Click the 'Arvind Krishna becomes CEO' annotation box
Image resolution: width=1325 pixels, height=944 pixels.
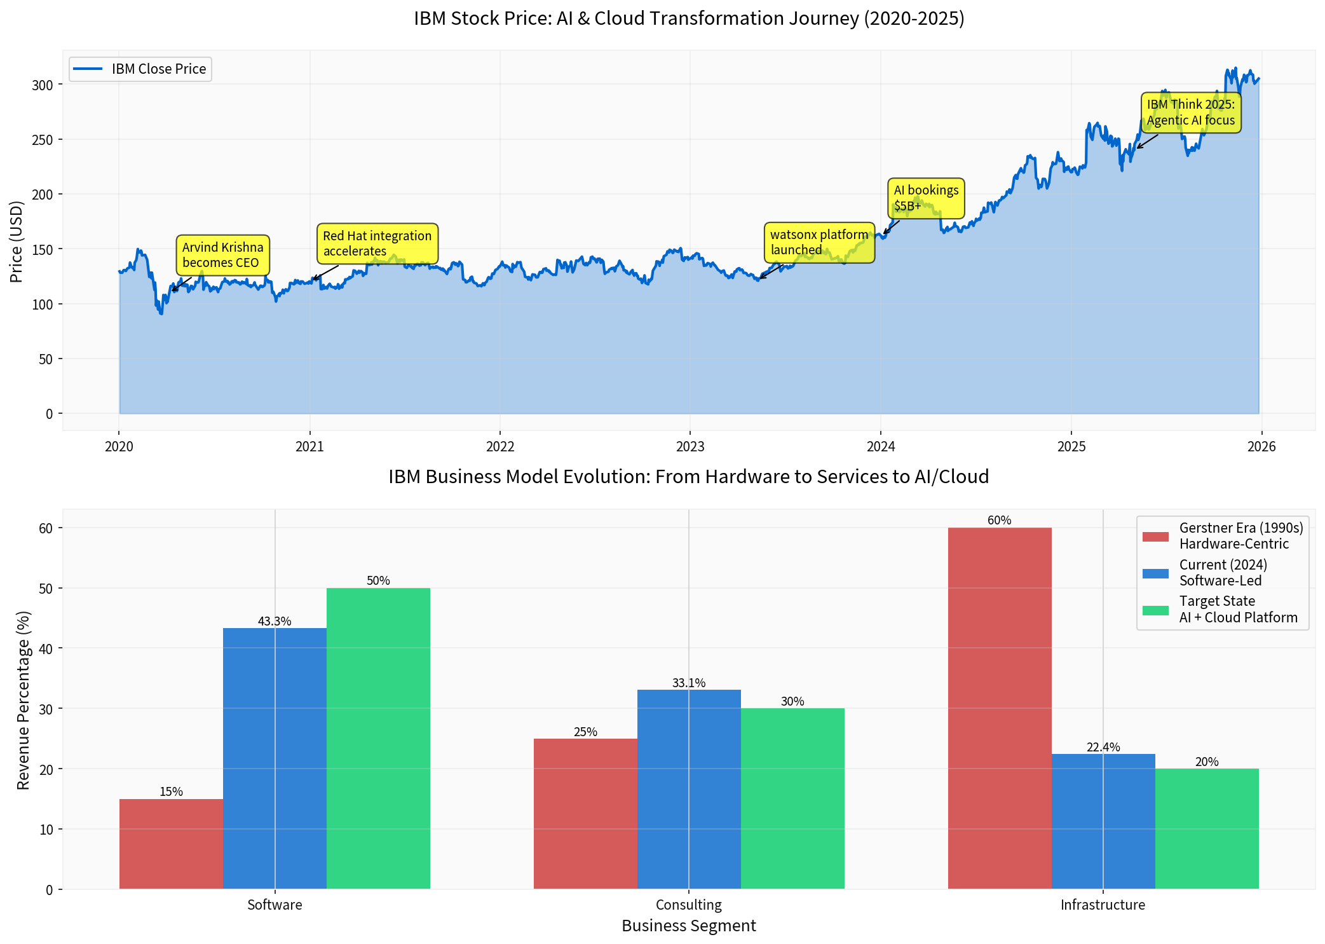222,255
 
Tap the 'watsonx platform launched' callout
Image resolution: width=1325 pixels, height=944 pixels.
819,242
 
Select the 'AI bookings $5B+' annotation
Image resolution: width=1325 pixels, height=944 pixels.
925,198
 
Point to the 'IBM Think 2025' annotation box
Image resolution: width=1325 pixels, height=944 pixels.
1190,113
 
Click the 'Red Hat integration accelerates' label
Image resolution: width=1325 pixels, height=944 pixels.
377,243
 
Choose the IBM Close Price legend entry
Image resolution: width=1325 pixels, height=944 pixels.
140,69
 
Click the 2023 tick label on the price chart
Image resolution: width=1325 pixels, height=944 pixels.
690,447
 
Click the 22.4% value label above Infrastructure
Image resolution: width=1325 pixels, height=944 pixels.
1103,748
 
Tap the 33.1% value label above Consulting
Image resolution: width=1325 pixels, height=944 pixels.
688,683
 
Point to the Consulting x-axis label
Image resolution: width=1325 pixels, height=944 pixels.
688,905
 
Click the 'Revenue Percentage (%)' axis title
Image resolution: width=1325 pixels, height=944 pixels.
24,700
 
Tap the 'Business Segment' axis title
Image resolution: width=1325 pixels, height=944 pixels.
688,926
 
